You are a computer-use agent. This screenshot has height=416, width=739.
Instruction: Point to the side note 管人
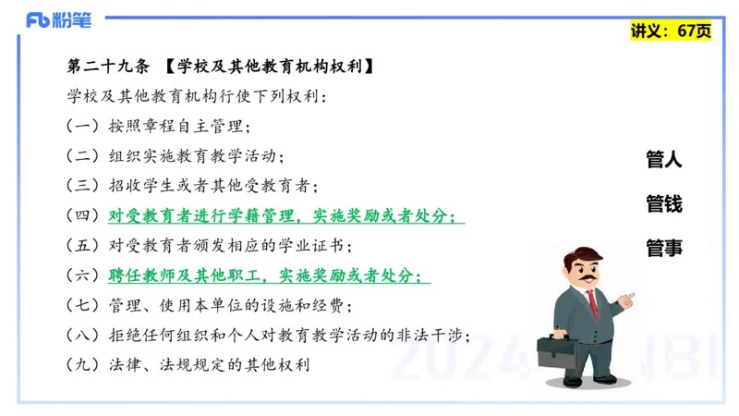(663, 159)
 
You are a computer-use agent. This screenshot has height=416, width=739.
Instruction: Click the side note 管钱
(663, 203)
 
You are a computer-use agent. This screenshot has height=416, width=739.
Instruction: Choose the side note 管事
(663, 247)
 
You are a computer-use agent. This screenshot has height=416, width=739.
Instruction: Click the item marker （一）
(83, 127)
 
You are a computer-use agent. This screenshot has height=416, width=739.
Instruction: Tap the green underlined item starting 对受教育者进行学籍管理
(286, 216)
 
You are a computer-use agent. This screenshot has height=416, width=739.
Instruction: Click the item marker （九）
(83, 364)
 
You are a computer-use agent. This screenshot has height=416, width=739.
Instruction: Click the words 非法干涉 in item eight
(435, 335)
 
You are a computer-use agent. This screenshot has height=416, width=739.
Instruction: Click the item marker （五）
(83, 246)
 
